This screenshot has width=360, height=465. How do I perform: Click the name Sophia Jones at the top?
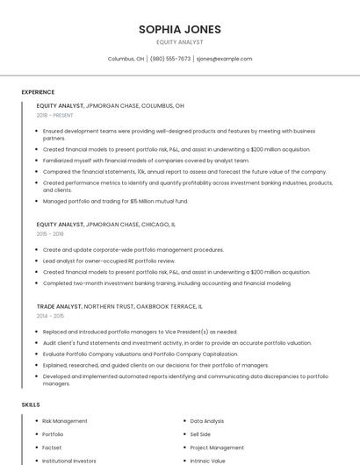point(179,30)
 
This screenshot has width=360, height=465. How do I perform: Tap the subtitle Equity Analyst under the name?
point(179,42)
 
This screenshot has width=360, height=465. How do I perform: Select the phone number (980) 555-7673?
point(170,59)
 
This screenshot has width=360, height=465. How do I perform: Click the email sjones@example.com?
point(224,59)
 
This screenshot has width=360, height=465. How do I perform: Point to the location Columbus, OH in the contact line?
point(126,59)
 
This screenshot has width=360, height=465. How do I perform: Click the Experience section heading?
point(38,92)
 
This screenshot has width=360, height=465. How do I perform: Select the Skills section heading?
point(31,404)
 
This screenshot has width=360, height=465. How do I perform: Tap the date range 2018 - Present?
point(54,115)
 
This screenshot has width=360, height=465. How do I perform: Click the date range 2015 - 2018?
point(50,234)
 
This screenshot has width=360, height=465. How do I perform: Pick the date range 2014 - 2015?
point(50,316)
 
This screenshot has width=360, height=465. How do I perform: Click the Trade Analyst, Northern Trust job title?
point(119,306)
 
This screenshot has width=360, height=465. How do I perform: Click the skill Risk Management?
point(65,421)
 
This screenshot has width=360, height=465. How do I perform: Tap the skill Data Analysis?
point(207,421)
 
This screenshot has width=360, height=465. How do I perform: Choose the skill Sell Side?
point(200,434)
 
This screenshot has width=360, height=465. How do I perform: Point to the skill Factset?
point(52,447)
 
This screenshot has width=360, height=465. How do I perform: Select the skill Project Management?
point(216,447)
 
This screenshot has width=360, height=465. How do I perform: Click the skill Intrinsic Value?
point(207,461)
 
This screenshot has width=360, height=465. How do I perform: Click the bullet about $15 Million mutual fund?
point(115,201)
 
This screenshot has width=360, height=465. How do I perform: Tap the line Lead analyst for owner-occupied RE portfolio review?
point(109,261)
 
